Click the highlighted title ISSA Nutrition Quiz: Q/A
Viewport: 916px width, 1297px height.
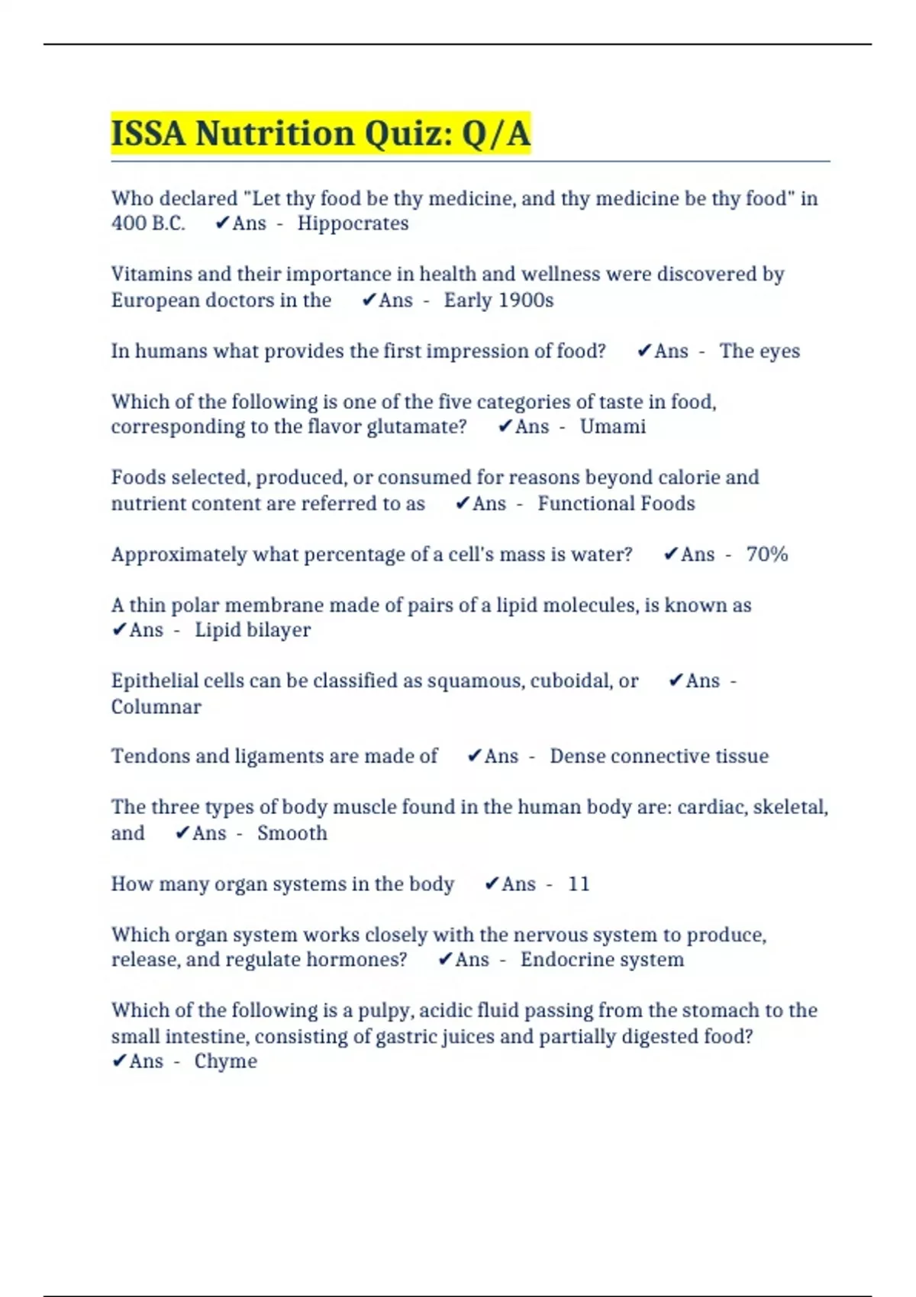click(321, 134)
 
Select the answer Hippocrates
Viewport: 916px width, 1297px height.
click(353, 224)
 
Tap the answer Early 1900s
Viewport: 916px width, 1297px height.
click(498, 300)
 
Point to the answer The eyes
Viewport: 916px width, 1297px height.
click(760, 351)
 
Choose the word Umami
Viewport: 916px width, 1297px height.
click(612, 426)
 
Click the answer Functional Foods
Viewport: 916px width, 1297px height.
click(616, 504)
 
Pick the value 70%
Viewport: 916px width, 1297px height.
click(766, 554)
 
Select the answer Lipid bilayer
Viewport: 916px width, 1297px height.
click(253, 630)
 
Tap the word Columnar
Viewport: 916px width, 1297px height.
click(156, 706)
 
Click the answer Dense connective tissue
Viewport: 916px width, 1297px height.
click(659, 756)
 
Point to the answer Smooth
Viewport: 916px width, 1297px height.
click(292, 833)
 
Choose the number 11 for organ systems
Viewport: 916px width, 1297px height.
click(579, 883)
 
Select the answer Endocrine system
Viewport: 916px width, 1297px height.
click(602, 960)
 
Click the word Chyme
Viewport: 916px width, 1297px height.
click(225, 1061)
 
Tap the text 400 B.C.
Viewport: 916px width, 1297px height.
click(148, 224)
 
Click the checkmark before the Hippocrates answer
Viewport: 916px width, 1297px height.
click(222, 223)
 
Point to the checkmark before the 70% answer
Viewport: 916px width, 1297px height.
click(670, 554)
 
